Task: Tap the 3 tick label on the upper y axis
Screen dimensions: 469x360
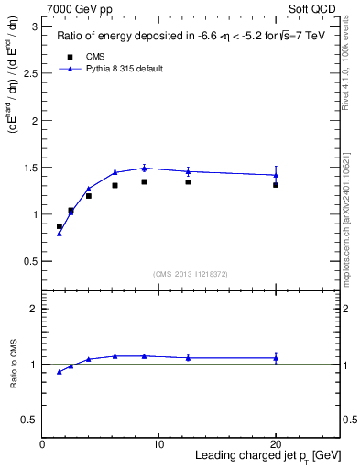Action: click(35, 27)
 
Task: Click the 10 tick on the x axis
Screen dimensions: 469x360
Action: click(158, 444)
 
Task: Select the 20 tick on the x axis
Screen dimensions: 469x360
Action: click(275, 444)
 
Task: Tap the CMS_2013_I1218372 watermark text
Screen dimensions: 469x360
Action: click(191, 274)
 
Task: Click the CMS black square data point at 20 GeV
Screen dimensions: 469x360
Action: click(275, 185)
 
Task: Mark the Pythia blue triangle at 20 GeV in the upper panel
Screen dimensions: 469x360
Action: click(275, 175)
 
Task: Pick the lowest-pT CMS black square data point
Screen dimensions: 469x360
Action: click(60, 226)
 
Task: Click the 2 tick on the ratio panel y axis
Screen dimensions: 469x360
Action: click(34, 310)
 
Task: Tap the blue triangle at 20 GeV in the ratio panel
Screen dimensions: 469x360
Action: click(275, 358)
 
